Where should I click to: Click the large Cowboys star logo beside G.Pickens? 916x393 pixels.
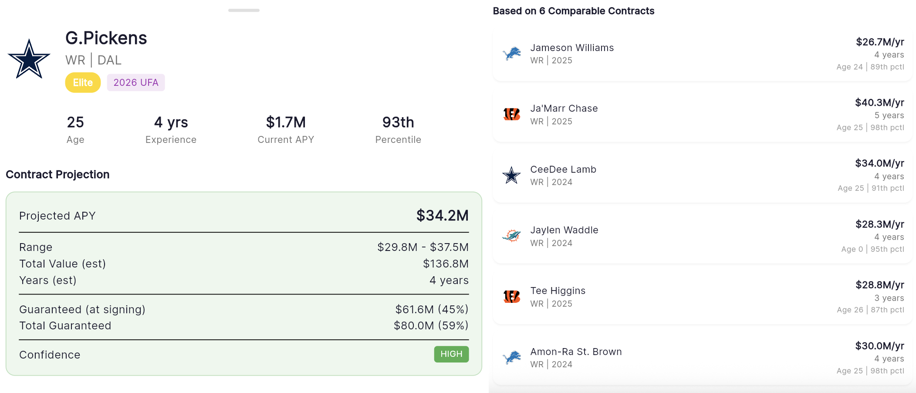(x=29, y=59)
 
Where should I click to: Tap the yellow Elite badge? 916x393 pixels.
(x=83, y=82)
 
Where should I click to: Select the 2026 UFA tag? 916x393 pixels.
(x=136, y=82)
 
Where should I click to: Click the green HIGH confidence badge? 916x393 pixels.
(x=451, y=354)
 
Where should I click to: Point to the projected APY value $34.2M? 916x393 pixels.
(x=442, y=215)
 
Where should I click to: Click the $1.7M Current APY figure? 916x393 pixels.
(x=286, y=122)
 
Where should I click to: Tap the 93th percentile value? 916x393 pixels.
(x=398, y=122)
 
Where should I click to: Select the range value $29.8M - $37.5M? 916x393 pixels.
(x=423, y=247)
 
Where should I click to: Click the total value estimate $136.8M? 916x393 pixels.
(x=446, y=264)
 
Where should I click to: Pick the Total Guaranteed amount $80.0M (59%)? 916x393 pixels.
(x=431, y=325)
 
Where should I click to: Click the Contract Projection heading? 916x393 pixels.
(x=57, y=175)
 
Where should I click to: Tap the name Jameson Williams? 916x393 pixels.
(x=572, y=47)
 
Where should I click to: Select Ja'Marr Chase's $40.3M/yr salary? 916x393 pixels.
(x=879, y=102)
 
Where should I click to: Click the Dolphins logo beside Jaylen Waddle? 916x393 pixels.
(x=511, y=236)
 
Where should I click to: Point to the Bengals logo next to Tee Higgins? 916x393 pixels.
(x=511, y=297)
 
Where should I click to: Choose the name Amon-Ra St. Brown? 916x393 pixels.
(x=576, y=352)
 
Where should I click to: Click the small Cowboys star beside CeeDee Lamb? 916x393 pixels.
(x=511, y=175)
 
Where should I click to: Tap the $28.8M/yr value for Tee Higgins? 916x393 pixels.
(x=880, y=285)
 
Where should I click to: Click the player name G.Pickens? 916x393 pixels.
(x=106, y=38)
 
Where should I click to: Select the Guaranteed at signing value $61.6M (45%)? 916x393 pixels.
(x=432, y=309)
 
